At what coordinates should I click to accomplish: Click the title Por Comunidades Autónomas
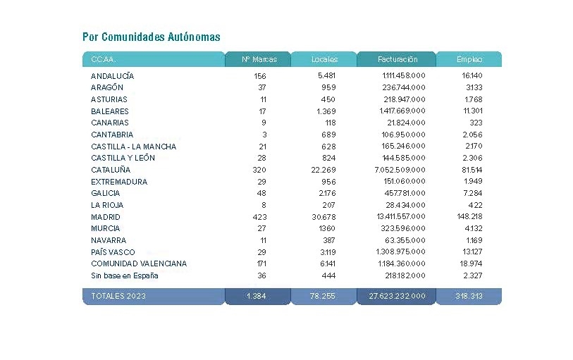(x=152, y=37)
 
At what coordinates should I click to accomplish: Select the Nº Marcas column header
(x=259, y=59)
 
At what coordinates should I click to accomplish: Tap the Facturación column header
(x=398, y=59)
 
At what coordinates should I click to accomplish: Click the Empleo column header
(x=469, y=59)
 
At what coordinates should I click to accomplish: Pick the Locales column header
(x=324, y=59)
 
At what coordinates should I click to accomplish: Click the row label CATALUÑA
(x=111, y=170)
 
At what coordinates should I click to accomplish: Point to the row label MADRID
(x=106, y=217)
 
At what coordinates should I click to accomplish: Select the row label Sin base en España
(x=125, y=275)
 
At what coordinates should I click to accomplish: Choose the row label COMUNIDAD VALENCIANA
(x=139, y=263)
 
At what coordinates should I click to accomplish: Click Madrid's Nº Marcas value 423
(x=259, y=217)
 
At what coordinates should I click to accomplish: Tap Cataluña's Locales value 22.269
(x=324, y=170)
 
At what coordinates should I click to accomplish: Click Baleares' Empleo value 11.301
(x=473, y=111)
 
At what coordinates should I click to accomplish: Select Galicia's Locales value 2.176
(x=327, y=193)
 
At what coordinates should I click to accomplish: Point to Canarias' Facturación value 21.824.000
(x=407, y=123)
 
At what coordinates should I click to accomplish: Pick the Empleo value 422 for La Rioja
(x=476, y=205)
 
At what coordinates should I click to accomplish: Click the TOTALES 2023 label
(x=118, y=296)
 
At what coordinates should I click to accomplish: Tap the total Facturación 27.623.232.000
(x=397, y=296)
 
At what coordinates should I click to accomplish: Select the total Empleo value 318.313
(x=469, y=296)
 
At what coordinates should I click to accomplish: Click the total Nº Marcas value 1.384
(x=256, y=296)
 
